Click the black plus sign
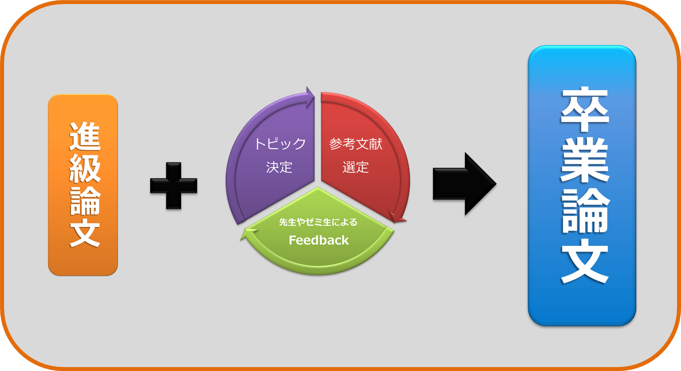coord(174,186)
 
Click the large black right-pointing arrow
coord(464,184)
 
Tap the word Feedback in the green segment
coord(318,240)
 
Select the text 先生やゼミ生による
coord(318,223)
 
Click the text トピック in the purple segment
coord(280,144)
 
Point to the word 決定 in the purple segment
coord(279,167)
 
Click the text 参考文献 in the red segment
coord(356,144)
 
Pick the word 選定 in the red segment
coord(356,167)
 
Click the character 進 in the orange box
coord(85,136)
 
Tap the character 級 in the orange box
coord(85,169)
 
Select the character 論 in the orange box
coord(85,201)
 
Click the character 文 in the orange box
coord(85,233)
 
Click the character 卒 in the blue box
coord(585,109)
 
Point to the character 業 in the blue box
coord(585,160)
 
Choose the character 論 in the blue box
coord(585,210)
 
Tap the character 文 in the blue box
coord(585,261)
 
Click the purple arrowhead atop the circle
coord(310,97)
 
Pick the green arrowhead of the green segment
coord(249,234)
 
